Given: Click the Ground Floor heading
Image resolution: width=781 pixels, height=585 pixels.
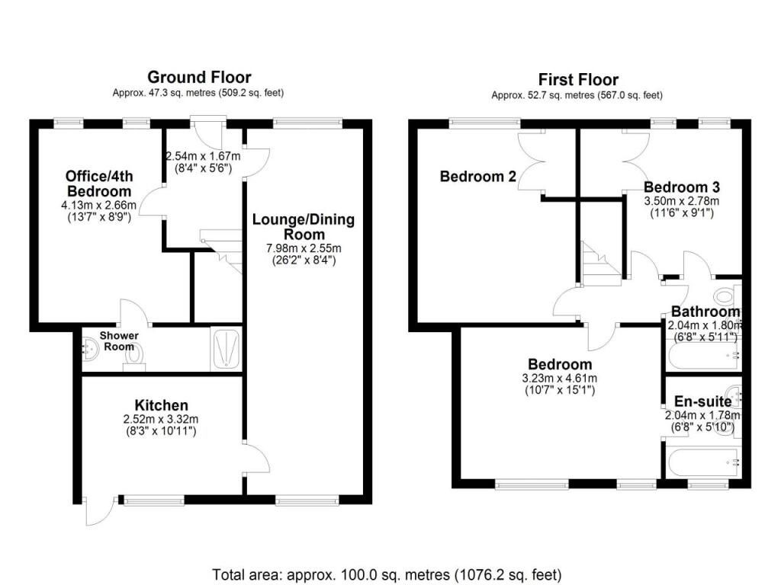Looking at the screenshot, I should (199, 77).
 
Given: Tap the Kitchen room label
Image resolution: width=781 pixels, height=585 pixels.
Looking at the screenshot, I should (161, 405).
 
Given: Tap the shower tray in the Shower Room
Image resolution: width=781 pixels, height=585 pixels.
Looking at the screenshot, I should (227, 350).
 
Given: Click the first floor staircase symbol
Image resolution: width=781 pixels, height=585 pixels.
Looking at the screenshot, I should (597, 263).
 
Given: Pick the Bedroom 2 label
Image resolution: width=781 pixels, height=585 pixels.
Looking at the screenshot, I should (478, 177).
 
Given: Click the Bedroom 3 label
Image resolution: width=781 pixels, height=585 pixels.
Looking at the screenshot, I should (682, 187).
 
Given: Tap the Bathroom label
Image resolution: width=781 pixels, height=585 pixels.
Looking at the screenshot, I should (705, 312).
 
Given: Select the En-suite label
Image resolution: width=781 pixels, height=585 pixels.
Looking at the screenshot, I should (702, 401).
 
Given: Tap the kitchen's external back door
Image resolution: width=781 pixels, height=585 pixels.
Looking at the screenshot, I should (99, 512).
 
